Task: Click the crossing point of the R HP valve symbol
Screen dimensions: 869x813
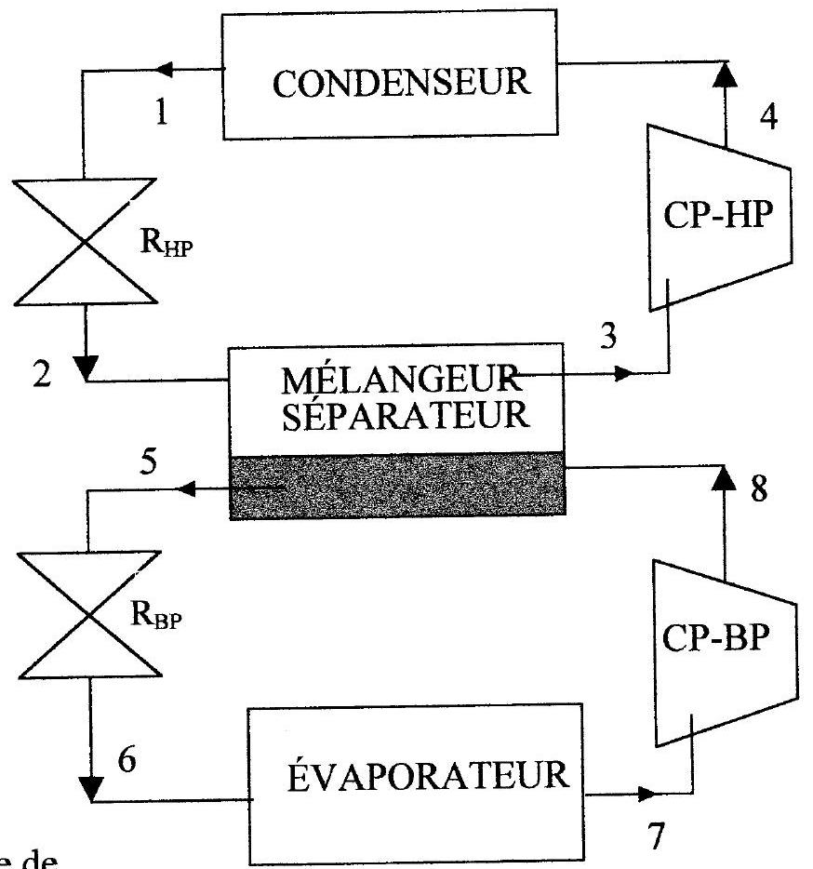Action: pos(86,241)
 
